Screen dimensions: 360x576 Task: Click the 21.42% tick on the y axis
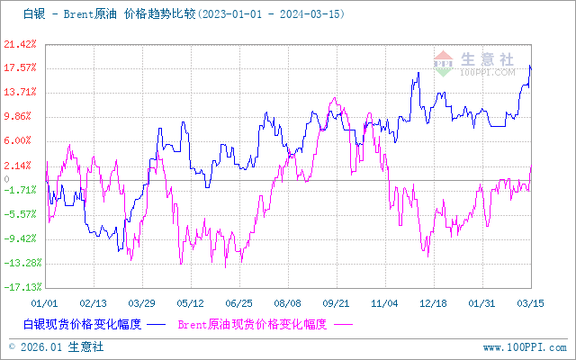(20, 43)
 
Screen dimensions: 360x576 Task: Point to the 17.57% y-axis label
(20, 67)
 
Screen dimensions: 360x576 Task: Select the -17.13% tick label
(18, 287)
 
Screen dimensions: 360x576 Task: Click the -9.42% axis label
(20, 238)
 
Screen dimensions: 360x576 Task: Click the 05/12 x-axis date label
(190, 303)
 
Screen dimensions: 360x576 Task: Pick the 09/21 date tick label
(336, 303)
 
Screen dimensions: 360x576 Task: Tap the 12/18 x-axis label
(433, 303)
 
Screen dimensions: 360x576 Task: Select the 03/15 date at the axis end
(530, 303)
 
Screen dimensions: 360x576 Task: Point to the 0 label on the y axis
(31, 180)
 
